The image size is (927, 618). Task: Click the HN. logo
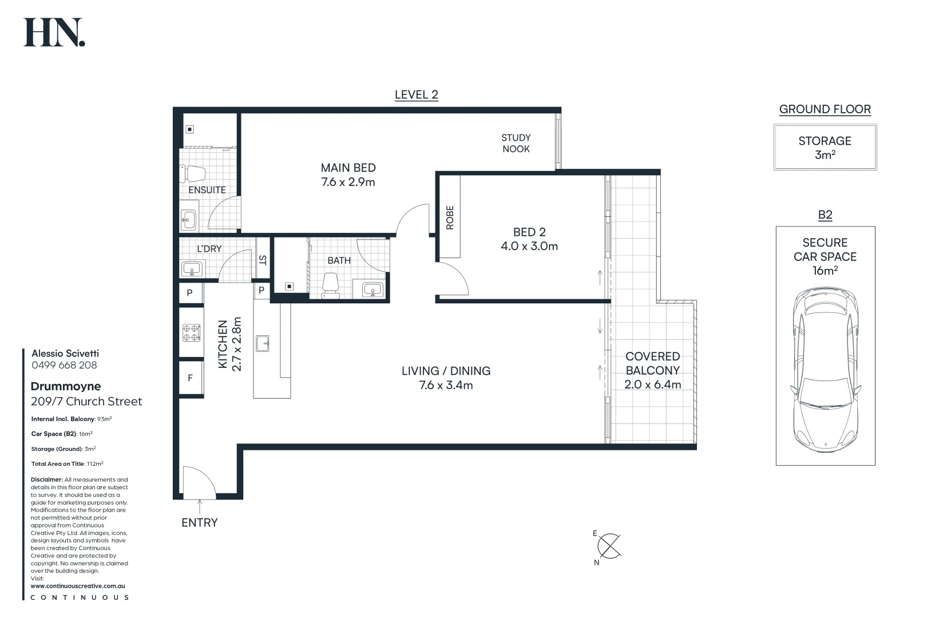click(x=54, y=32)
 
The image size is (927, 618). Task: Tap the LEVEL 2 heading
click(x=417, y=95)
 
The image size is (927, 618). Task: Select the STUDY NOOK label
click(x=516, y=143)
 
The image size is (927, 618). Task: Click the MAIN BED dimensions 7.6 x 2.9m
click(x=348, y=182)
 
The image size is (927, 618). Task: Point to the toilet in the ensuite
click(x=192, y=174)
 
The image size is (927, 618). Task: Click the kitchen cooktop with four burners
click(x=191, y=333)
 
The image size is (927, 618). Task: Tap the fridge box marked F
click(x=191, y=378)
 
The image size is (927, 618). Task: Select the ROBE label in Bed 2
click(x=450, y=217)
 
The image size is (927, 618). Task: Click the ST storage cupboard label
click(x=263, y=260)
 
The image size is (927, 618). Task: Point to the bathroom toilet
click(x=330, y=285)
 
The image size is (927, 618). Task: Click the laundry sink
click(x=192, y=269)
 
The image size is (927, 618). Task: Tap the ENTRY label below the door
click(x=200, y=523)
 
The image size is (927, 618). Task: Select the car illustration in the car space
click(x=825, y=370)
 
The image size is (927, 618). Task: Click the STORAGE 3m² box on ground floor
click(x=825, y=147)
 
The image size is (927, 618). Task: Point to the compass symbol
click(x=608, y=546)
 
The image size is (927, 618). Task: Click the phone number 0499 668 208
click(x=64, y=365)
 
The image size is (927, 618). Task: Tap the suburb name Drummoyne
click(x=66, y=387)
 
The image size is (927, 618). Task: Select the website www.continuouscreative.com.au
click(x=78, y=586)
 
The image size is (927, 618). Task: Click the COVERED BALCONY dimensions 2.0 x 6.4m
click(x=653, y=385)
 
